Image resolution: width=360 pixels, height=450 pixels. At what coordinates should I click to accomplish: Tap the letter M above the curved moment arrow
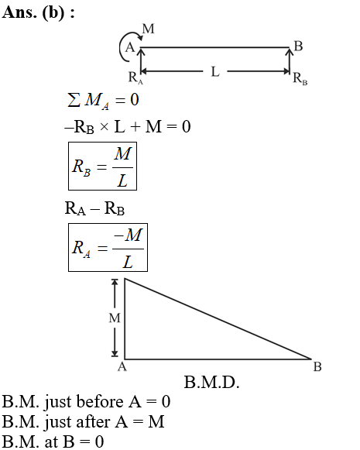pos(149,29)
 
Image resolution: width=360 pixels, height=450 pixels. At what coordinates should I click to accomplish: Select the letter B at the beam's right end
pos(298,46)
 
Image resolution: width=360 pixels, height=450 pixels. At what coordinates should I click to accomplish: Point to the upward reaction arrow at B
pos(289,60)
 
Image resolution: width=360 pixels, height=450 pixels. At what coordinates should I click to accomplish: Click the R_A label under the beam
pos(135,77)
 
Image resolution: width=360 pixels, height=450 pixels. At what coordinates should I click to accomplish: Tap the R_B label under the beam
pos(300,78)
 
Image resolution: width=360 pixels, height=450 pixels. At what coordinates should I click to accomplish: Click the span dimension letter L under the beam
pos(215,71)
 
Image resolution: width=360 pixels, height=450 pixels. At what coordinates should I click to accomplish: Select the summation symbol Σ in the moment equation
pos(74,100)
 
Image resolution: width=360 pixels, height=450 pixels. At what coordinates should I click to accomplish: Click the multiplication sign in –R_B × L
pos(105,126)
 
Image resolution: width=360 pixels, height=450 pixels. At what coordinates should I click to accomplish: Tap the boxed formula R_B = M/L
pos(102,166)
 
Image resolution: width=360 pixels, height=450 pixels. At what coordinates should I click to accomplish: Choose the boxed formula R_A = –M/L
pos(108,247)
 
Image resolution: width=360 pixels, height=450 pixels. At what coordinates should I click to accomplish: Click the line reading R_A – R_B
pos(94,208)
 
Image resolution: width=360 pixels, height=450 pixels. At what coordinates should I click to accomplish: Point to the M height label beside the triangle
pos(115,318)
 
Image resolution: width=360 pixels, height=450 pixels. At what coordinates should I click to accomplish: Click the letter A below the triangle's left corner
pos(122,367)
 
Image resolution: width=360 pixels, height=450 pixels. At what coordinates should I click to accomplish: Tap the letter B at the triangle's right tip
pos(317,367)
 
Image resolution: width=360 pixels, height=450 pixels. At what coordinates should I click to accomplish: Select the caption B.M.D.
pos(211,383)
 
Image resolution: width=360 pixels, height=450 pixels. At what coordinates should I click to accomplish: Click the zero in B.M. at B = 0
pos(99,441)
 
